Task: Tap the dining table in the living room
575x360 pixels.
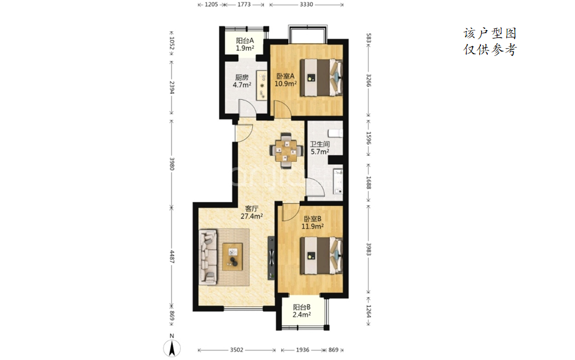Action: pyautogui.click(x=287, y=151)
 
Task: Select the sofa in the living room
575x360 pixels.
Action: pyautogui.click(x=208, y=256)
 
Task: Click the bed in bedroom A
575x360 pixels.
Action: pyautogui.click(x=322, y=77)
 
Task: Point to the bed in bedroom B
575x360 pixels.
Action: pyautogui.click(x=322, y=256)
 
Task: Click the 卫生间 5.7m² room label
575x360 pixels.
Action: pyautogui.click(x=320, y=147)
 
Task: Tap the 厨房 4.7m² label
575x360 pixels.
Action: pyautogui.click(x=242, y=81)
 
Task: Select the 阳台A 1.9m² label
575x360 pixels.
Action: pyautogui.click(x=245, y=45)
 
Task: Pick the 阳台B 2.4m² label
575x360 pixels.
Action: pyautogui.click(x=302, y=311)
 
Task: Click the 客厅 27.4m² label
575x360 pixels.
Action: pyautogui.click(x=252, y=213)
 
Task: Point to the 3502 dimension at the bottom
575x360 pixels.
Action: pyautogui.click(x=237, y=350)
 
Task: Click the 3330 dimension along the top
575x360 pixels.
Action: pyautogui.click(x=306, y=4)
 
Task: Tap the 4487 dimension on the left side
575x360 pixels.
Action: pyautogui.click(x=172, y=256)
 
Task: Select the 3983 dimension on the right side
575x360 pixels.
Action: pyautogui.click(x=368, y=249)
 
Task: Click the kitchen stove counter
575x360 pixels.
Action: pyautogui.click(x=262, y=85)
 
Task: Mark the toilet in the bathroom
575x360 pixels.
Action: pyautogui.click(x=335, y=132)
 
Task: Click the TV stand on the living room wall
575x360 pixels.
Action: pyautogui.click(x=271, y=258)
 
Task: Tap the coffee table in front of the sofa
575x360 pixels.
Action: pyautogui.click(x=232, y=256)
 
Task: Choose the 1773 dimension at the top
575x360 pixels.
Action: pyautogui.click(x=244, y=4)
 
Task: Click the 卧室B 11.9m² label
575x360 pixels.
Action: pyautogui.click(x=312, y=223)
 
